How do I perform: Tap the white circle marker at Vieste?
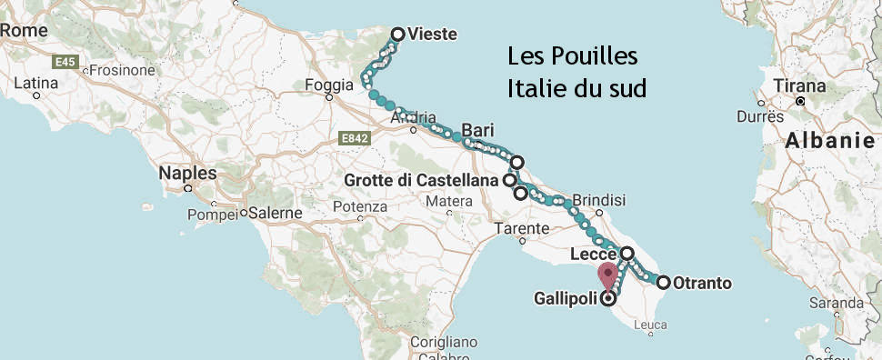pyautogui.click(x=397, y=35)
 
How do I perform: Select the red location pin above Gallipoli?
pyautogui.click(x=607, y=274)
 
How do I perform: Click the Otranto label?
pyautogui.click(x=702, y=284)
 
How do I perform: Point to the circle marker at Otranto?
pyautogui.click(x=664, y=283)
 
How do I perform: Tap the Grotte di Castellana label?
pyautogui.click(x=422, y=181)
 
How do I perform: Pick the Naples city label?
pyautogui.click(x=187, y=173)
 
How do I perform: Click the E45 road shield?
pyautogui.click(x=64, y=62)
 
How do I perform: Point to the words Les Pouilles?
pyautogui.click(x=573, y=57)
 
